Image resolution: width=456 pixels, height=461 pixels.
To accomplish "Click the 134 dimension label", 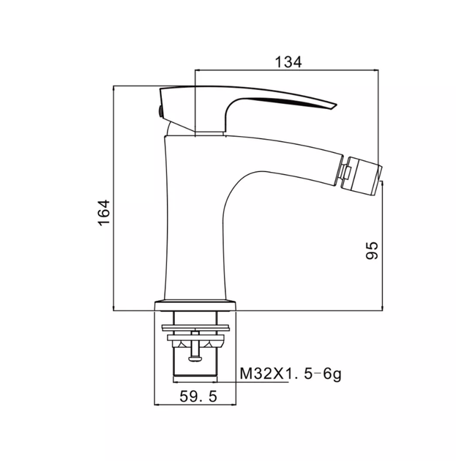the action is pyautogui.click(x=288, y=62).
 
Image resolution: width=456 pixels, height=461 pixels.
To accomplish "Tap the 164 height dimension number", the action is pyautogui.click(x=104, y=213).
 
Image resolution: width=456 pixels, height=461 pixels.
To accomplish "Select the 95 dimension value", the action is pyautogui.click(x=372, y=250).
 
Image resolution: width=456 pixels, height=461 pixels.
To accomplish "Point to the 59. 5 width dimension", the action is pyautogui.click(x=198, y=397).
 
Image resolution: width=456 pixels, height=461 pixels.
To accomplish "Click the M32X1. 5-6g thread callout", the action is pyautogui.click(x=291, y=374).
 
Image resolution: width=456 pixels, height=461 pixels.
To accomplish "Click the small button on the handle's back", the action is pyautogui.click(x=160, y=112).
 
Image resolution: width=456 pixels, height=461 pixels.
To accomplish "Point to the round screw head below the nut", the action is pyautogui.click(x=195, y=359).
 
